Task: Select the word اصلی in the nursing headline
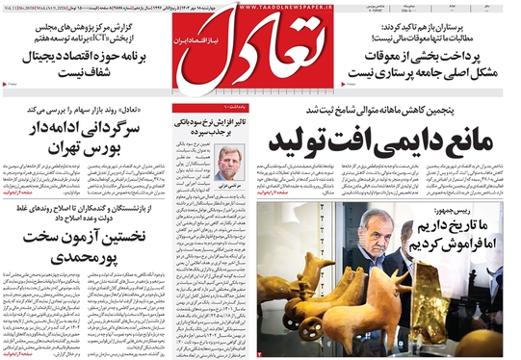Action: point(481,71)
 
